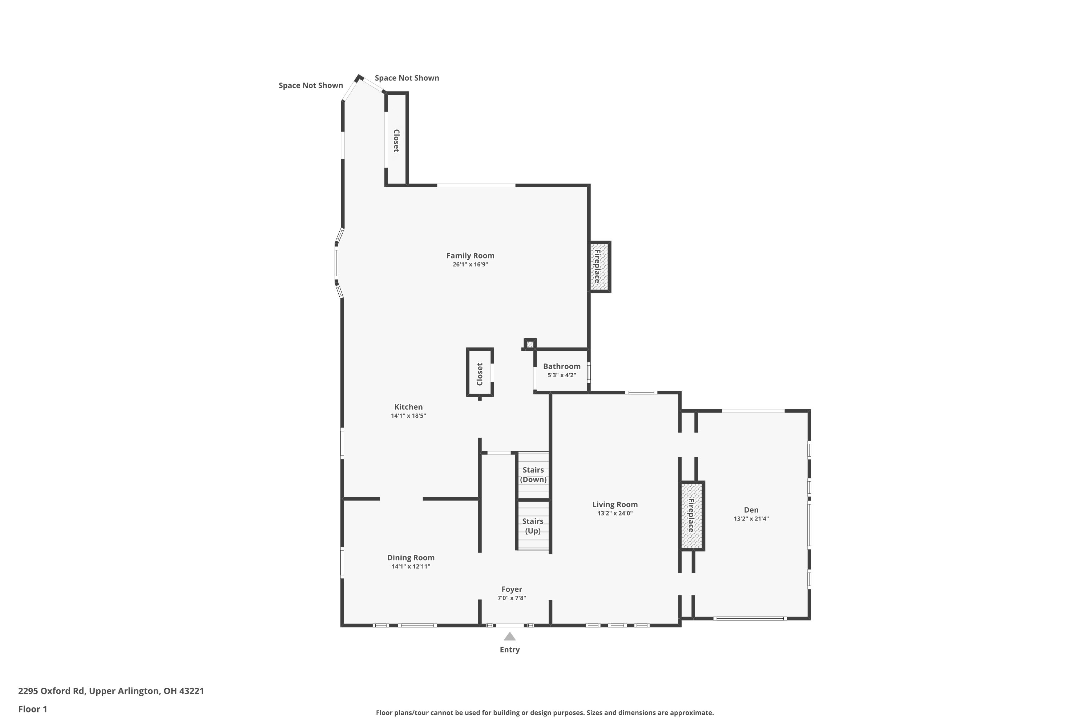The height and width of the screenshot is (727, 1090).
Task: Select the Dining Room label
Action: (x=411, y=558)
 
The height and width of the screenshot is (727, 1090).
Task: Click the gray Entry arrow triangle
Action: (x=509, y=636)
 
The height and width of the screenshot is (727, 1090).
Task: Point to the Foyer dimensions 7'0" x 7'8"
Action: (x=512, y=598)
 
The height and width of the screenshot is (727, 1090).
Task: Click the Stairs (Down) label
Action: (x=533, y=475)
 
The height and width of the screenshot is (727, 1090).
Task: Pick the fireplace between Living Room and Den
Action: (x=691, y=515)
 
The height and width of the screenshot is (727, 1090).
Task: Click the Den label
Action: (x=751, y=510)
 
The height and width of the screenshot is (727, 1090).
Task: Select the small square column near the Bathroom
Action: (x=530, y=344)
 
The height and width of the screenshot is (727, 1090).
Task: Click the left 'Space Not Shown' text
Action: (x=311, y=85)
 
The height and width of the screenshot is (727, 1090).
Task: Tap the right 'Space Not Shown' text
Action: (x=407, y=78)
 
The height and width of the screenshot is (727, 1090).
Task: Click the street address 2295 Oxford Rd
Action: (x=111, y=691)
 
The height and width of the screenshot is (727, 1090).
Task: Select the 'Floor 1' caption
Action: (x=32, y=709)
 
